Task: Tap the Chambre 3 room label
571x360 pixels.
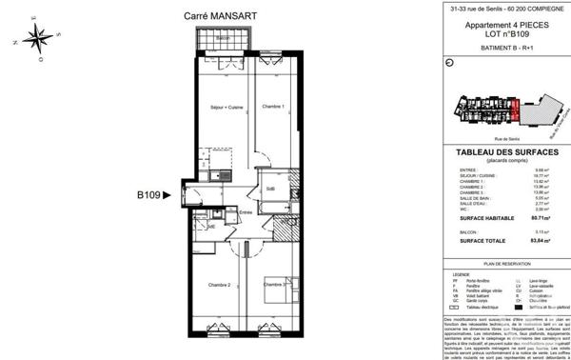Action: [x=275, y=286]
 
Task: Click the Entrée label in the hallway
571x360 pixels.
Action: [x=246, y=211]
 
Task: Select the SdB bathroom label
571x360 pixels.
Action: [x=270, y=188]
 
